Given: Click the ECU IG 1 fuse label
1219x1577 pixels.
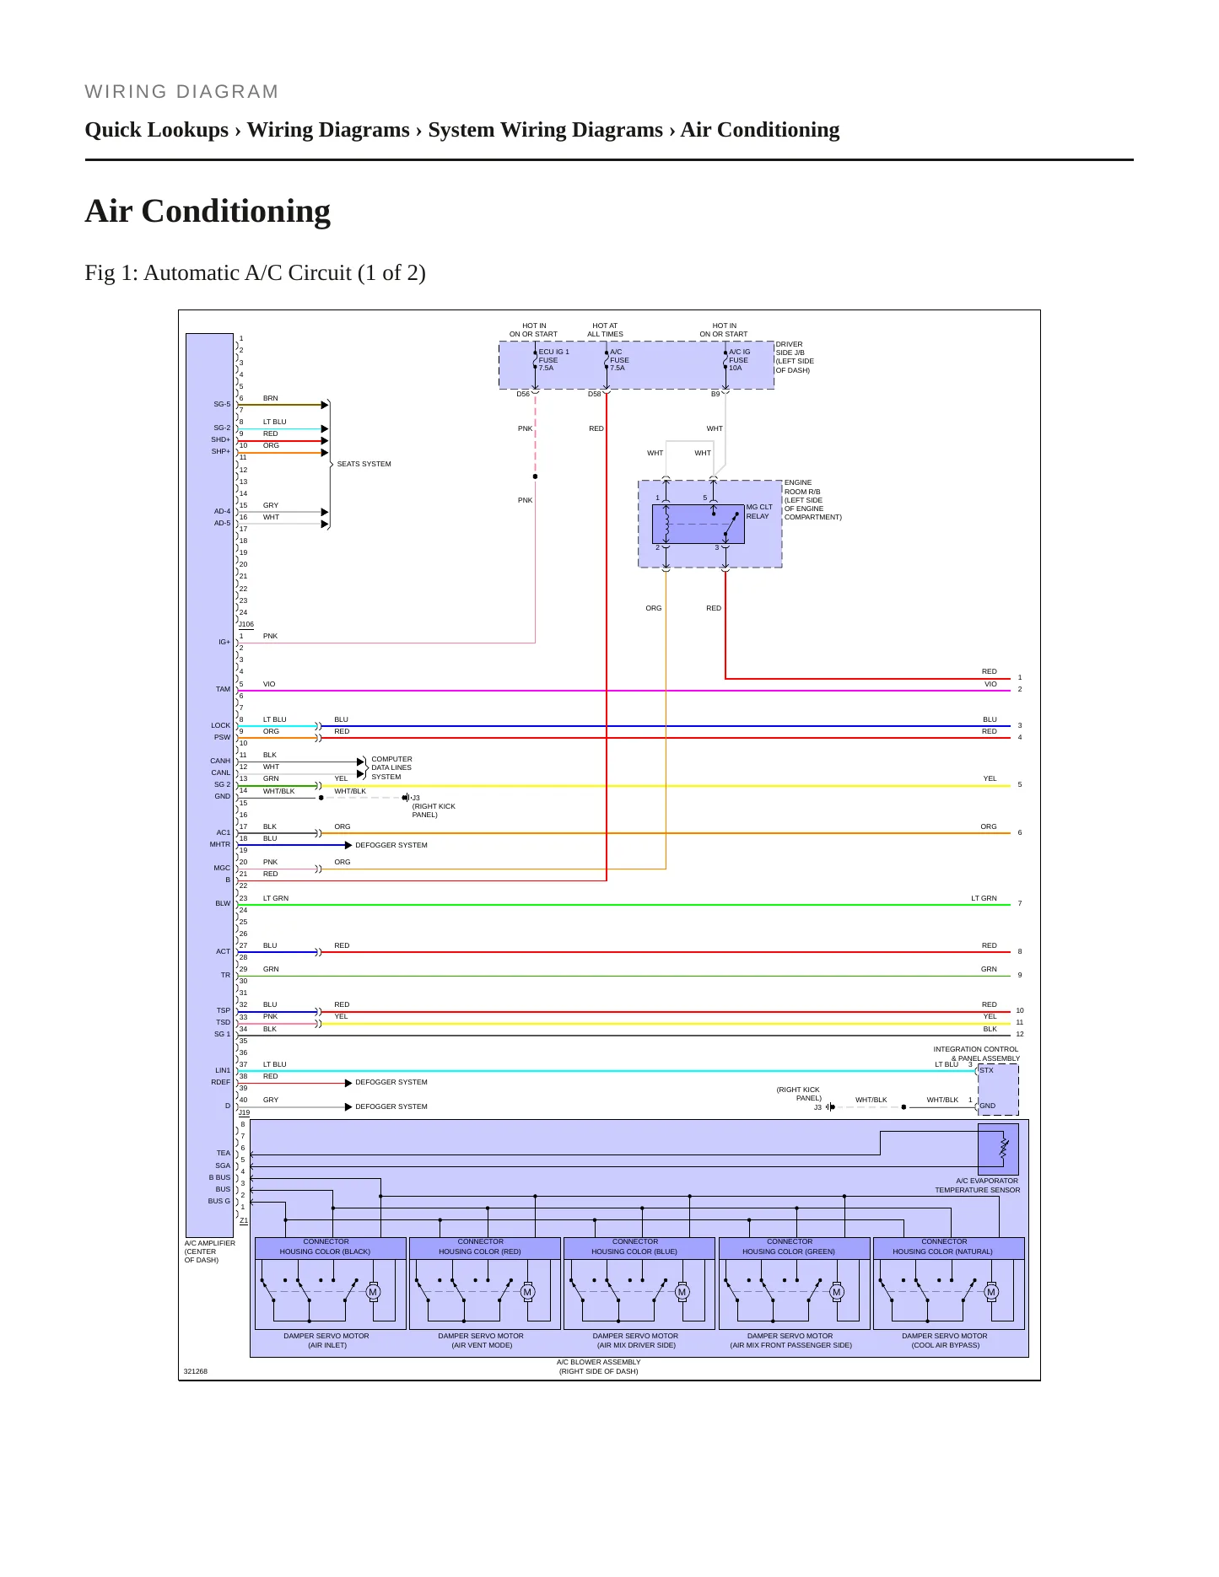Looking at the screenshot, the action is [x=554, y=360].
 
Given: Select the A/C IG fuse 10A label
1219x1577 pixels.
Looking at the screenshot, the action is [x=740, y=360].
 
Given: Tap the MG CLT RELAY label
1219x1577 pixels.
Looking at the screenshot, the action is [x=759, y=512].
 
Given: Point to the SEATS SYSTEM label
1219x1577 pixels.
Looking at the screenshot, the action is [x=364, y=464].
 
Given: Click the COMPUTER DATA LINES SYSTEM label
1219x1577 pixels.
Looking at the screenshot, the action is [x=391, y=767].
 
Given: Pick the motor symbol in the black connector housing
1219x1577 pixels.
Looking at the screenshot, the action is [x=373, y=1292].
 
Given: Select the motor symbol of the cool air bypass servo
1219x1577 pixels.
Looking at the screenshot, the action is [x=991, y=1292].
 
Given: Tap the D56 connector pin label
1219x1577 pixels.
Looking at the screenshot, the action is [x=523, y=394].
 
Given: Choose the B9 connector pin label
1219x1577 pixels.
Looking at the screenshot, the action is [x=715, y=394].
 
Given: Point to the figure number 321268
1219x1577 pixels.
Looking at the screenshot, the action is [x=196, y=1371].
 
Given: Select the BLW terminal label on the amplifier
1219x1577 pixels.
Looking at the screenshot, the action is [x=223, y=903].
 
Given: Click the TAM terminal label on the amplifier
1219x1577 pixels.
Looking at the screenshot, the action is [x=223, y=689].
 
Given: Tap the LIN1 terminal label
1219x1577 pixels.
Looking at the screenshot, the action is [x=223, y=1070].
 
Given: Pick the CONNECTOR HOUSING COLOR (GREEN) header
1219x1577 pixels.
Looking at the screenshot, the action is [x=790, y=1246].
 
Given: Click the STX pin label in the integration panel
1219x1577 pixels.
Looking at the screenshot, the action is [x=987, y=1070].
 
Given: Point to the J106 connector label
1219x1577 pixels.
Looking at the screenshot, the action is [x=246, y=625].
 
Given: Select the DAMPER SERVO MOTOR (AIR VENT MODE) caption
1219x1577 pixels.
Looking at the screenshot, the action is [x=481, y=1341].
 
